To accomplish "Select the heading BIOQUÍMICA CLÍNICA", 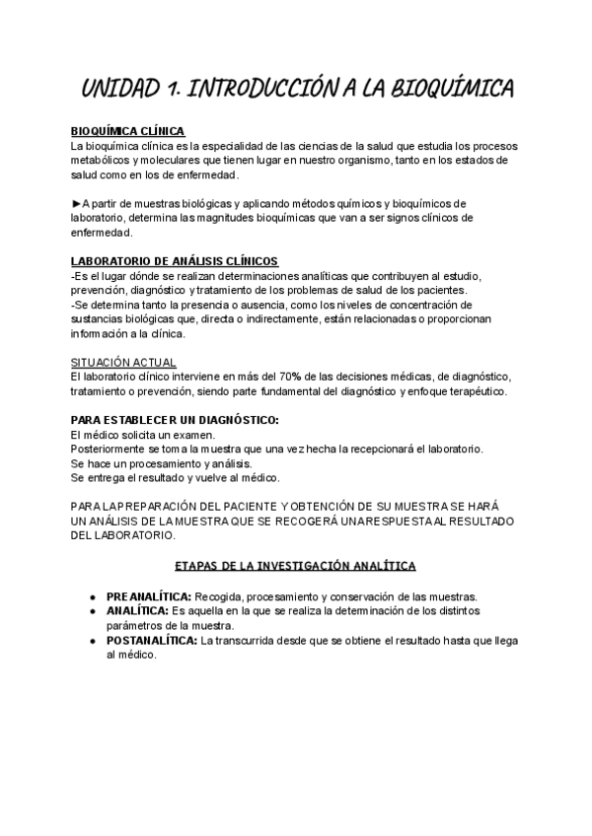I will [128, 131].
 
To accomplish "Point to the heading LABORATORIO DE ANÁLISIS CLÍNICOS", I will [175, 261].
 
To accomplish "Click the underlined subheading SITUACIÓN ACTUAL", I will [123, 362].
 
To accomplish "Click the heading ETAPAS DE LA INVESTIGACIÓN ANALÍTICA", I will [295, 566].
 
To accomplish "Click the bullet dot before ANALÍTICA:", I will [91, 612].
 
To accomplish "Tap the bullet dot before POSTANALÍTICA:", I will [91, 641].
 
